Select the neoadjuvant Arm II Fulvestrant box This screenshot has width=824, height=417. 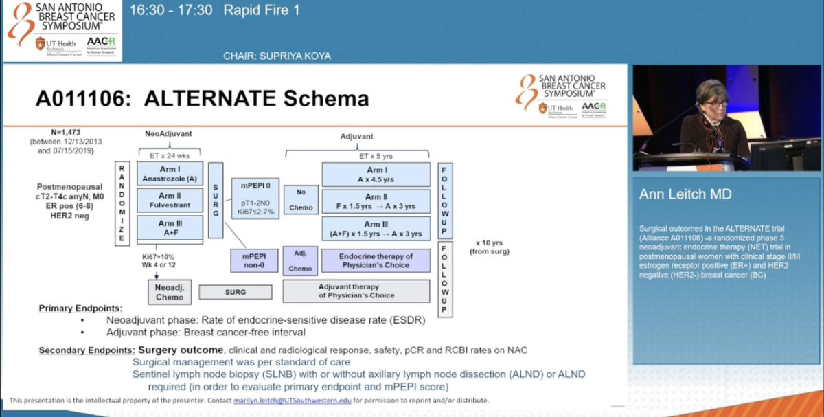point(170,200)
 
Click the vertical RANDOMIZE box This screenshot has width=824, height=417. point(122,203)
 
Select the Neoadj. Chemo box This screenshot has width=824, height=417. point(170,292)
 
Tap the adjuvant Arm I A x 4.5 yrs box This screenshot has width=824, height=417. point(376,174)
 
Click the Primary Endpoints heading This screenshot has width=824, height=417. point(80,308)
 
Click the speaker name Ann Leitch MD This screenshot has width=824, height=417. point(680,194)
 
